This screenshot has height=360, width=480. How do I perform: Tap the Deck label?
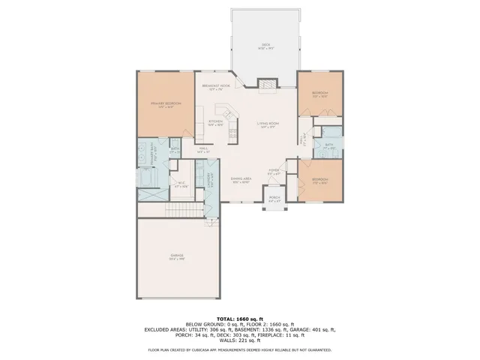(265, 45)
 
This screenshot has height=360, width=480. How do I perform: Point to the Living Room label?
(268, 124)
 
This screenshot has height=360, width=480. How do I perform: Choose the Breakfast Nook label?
(215, 87)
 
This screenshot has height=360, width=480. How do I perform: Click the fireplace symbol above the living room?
(268, 85)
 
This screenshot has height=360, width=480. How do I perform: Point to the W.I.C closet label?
(181, 182)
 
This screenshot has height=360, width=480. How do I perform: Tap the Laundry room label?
(200, 180)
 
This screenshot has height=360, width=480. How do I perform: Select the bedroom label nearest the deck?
(319, 94)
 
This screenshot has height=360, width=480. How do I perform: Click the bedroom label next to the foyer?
(319, 180)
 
